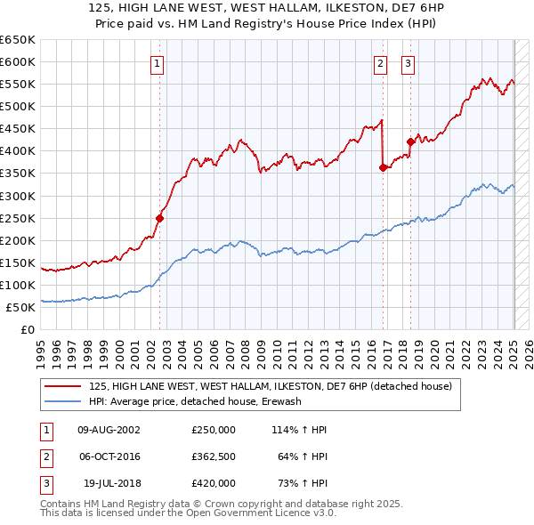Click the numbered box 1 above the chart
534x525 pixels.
157,63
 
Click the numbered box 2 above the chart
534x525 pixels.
380,63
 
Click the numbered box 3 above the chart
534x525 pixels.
408,63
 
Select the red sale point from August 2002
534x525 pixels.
160,218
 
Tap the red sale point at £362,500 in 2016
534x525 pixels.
384,167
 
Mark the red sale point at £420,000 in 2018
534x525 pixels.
410,141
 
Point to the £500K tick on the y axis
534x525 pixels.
18,106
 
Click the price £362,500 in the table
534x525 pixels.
214,456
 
